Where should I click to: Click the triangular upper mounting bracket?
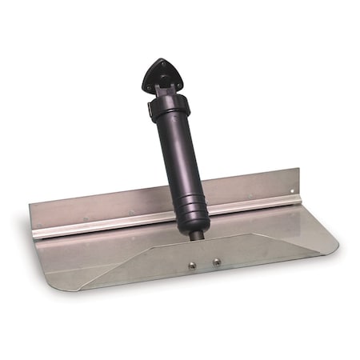pyautogui.click(x=159, y=74)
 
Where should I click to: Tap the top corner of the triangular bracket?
pyautogui.click(x=158, y=60)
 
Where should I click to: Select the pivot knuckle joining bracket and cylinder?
pyautogui.click(x=165, y=92)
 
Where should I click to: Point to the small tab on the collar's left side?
pyautogui.click(x=150, y=112)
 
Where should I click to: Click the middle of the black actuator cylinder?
pyautogui.click(x=178, y=160)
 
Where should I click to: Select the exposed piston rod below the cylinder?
pyautogui.click(x=198, y=234)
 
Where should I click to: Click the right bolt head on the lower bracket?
pyautogui.click(x=216, y=260)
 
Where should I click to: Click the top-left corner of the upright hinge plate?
pyautogui.click(x=30, y=206)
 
